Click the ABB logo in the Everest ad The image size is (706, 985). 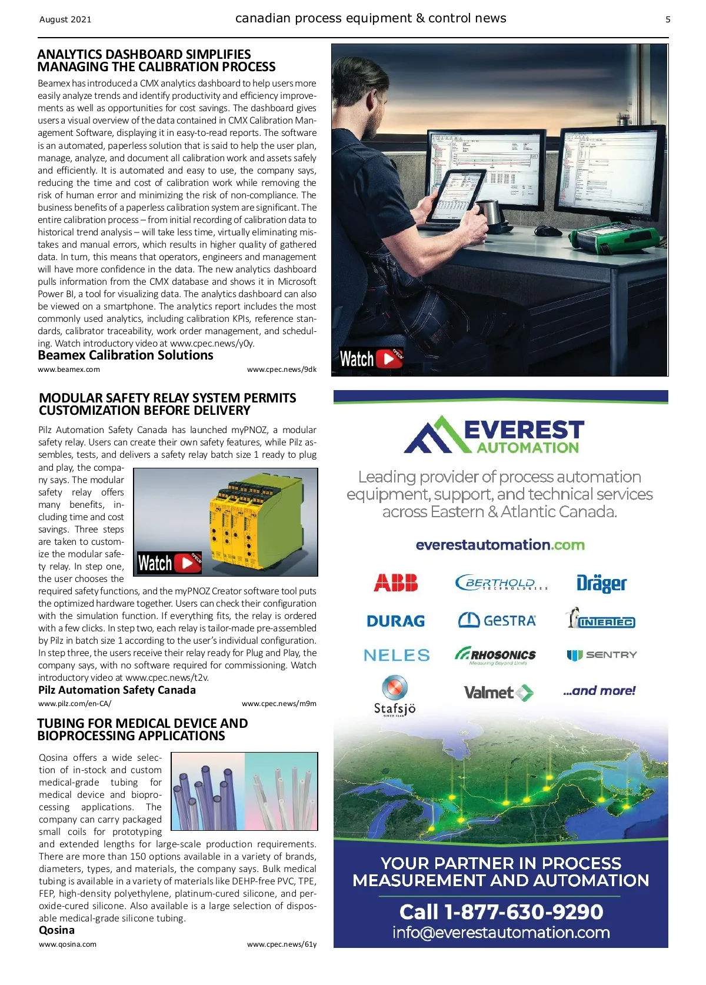(395, 583)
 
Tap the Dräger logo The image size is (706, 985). (601, 583)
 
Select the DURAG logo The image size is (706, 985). (395, 621)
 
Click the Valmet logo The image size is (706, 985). (498, 693)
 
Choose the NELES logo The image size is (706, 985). (397, 655)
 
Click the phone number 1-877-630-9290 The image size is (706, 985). (523, 912)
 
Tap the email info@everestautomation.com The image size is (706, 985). (501, 933)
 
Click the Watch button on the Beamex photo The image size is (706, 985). (371, 358)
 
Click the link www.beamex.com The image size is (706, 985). (69, 370)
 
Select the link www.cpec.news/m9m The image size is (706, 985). (279, 703)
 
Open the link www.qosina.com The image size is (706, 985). (68, 944)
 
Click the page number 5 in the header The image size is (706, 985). (668, 19)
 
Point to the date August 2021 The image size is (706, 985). (65, 19)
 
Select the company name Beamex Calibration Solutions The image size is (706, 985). (125, 355)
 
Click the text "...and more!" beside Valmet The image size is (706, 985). (599, 691)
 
